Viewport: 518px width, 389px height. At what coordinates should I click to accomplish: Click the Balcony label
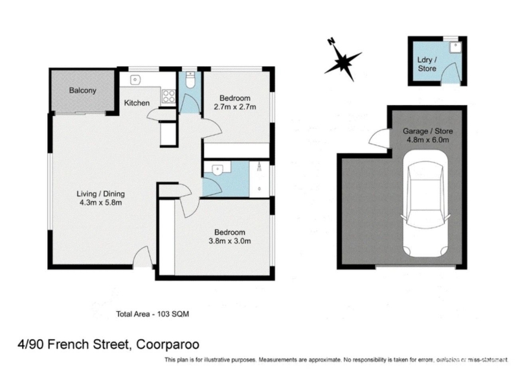[x=82, y=90]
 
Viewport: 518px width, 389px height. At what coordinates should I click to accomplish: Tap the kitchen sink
[x=135, y=80]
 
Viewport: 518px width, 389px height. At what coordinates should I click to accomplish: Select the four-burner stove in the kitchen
[x=168, y=96]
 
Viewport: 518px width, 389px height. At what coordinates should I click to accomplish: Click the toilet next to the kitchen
[x=190, y=80]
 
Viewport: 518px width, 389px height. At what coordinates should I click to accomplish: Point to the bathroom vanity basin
[x=217, y=170]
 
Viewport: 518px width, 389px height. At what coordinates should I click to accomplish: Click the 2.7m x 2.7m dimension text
[x=235, y=107]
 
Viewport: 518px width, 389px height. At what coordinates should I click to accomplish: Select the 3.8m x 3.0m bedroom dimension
[x=230, y=241]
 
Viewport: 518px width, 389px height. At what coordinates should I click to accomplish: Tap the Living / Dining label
[x=101, y=194]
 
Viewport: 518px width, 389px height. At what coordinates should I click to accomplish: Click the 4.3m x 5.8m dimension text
[x=101, y=202]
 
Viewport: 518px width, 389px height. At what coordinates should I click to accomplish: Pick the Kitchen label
[x=137, y=103]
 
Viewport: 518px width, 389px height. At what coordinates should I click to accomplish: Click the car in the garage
[x=425, y=204]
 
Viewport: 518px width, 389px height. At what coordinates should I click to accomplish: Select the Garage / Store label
[x=427, y=131]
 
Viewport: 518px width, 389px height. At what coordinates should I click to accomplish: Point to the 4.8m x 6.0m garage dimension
[x=427, y=139]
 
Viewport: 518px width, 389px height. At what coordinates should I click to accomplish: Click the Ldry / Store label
[x=427, y=64]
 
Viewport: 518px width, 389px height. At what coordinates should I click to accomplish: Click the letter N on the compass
[x=330, y=41]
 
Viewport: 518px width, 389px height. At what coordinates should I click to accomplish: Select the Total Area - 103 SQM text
[x=152, y=314]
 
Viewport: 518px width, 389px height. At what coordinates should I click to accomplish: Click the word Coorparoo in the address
[x=168, y=345]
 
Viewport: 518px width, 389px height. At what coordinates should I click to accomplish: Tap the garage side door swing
[x=379, y=137]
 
